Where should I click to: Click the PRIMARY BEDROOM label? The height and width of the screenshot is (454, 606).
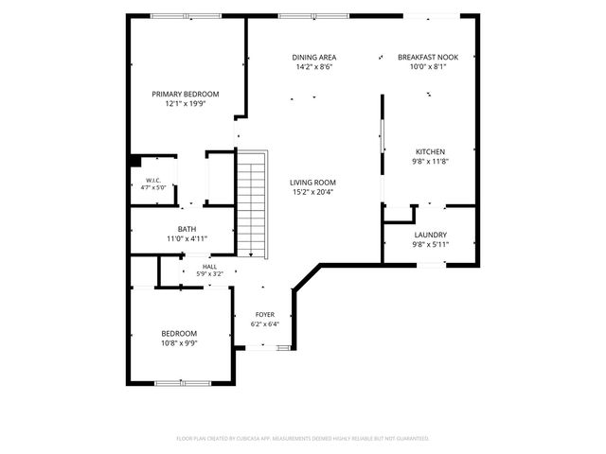186,95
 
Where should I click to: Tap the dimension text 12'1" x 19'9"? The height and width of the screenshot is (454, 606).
186,104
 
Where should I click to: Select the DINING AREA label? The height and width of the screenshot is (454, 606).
313,58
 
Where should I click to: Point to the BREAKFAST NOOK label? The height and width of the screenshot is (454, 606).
428,57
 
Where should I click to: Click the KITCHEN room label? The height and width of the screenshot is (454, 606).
430,151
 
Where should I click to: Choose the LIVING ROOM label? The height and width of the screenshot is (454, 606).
312,183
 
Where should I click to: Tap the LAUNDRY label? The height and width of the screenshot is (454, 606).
430,235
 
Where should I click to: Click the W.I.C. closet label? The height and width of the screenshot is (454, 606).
153,181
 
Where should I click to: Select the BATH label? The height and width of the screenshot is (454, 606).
187,229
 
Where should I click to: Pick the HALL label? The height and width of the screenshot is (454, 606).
209,267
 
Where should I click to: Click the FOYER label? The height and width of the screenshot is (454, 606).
265,315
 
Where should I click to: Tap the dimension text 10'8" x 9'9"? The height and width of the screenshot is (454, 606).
179,343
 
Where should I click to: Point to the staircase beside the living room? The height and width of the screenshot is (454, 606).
252,204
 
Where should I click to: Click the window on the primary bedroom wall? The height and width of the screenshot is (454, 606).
186,16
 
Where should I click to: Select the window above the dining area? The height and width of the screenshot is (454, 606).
313,16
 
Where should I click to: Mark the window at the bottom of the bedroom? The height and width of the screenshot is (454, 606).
183,383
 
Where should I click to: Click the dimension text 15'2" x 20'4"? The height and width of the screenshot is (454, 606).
312,192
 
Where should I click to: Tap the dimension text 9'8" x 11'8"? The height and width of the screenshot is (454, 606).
430,162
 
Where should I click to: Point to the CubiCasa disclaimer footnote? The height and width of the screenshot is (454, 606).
303,439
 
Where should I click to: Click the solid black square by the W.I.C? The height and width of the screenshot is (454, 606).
134,161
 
